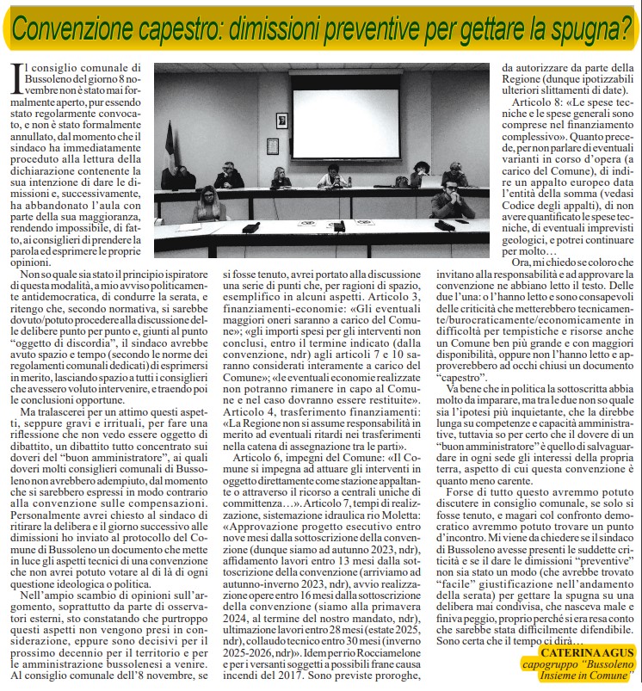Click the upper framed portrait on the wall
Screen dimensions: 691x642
tap(281, 120)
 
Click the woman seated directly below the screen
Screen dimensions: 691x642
tap(331, 176)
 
